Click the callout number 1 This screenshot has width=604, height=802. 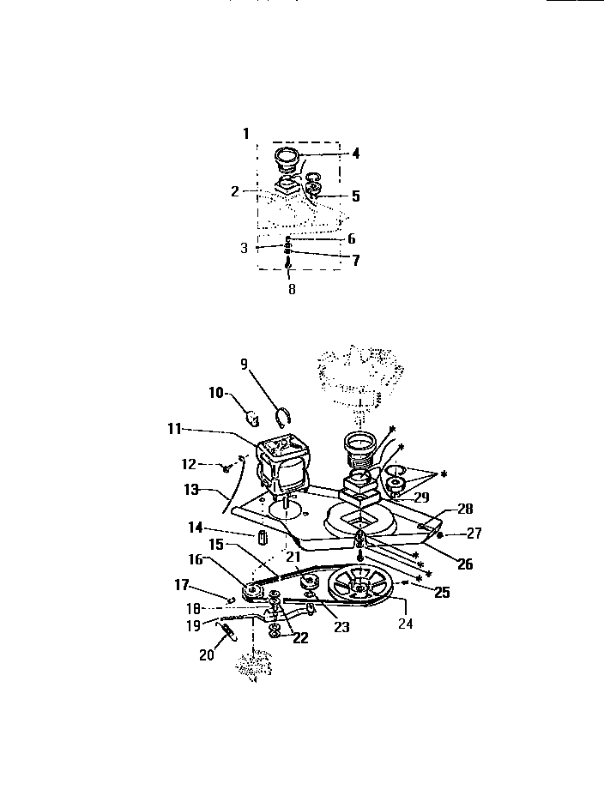(245, 134)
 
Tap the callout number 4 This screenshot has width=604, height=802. (354, 154)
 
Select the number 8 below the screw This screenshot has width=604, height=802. (291, 290)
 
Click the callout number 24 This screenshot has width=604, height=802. (405, 624)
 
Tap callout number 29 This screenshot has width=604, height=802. (421, 496)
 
